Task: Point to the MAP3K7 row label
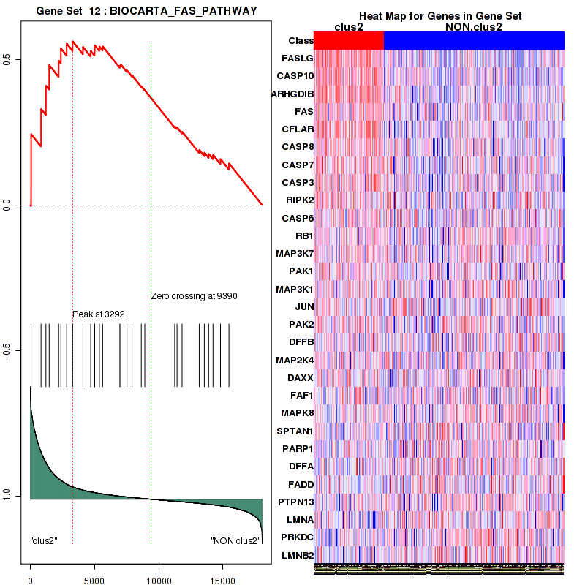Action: (x=294, y=253)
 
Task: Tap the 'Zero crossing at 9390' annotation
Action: (x=195, y=296)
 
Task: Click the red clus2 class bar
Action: (x=349, y=41)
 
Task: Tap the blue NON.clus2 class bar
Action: (x=474, y=41)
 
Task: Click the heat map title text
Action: (x=439, y=16)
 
